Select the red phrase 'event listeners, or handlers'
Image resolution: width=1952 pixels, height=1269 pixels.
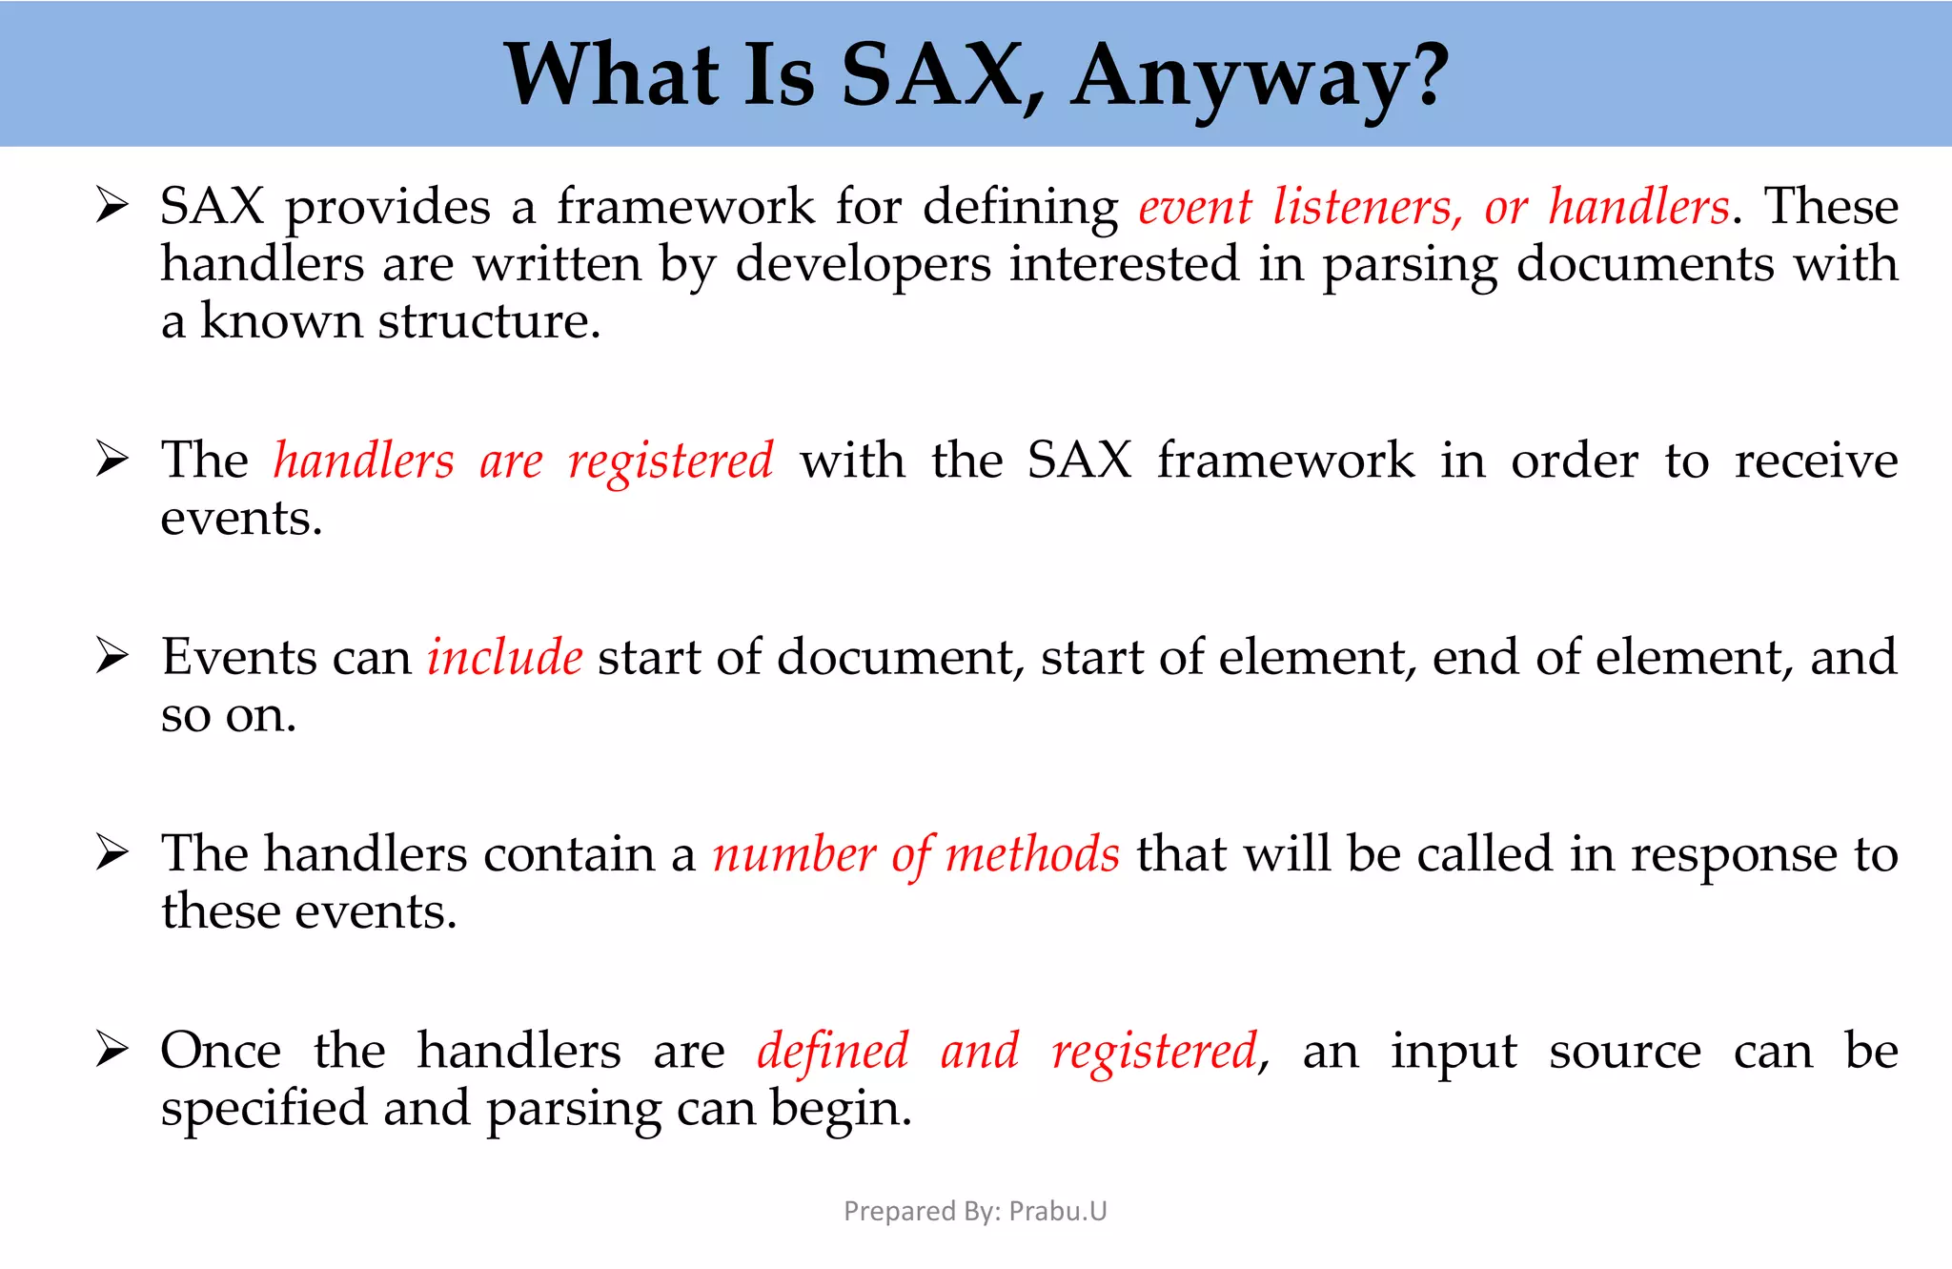click(1433, 207)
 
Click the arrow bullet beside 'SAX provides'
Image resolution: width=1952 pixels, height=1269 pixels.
click(112, 206)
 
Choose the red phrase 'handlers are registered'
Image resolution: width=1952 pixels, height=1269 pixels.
click(523, 461)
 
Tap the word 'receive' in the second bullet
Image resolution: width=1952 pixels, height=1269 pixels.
click(1816, 461)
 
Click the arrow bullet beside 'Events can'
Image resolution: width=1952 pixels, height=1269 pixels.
click(112, 657)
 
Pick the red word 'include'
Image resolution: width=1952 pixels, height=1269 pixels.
click(504, 658)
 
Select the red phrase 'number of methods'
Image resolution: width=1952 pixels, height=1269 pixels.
click(916, 854)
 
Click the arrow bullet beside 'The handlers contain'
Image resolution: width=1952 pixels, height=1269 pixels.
click(112, 853)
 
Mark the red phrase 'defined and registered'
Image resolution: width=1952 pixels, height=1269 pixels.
click(1007, 1052)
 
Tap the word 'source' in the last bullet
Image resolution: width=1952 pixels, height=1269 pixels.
click(1624, 1052)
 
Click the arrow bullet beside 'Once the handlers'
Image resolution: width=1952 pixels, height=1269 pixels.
click(112, 1051)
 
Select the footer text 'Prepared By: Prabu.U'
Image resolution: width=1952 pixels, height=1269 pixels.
click(975, 1211)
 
